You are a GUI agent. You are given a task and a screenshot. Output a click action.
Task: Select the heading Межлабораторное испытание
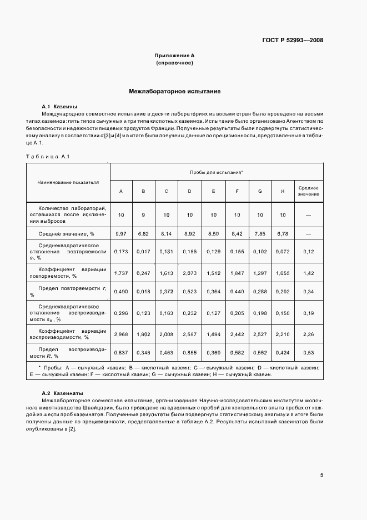click(x=175, y=91)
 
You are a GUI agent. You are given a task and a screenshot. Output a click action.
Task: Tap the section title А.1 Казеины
click(x=59, y=106)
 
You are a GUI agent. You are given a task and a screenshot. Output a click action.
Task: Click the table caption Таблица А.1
click(x=47, y=156)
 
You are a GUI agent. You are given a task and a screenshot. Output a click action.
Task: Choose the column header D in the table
click(x=189, y=191)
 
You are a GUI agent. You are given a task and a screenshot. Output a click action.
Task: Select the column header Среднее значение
click(x=308, y=191)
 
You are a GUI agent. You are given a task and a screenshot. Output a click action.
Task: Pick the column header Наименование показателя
click(x=68, y=182)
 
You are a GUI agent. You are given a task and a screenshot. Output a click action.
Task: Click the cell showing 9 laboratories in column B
click(x=143, y=214)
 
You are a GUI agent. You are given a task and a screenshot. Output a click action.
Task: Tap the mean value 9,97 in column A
click(x=120, y=234)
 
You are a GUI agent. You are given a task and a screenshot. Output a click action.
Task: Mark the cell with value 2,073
click(x=189, y=273)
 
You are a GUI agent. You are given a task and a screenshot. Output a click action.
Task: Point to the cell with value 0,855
click(x=189, y=353)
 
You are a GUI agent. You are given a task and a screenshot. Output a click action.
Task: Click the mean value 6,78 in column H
click(x=282, y=234)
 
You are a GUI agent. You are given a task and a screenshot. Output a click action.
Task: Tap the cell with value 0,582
click(x=237, y=353)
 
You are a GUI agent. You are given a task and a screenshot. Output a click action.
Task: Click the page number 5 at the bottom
click(x=321, y=474)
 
